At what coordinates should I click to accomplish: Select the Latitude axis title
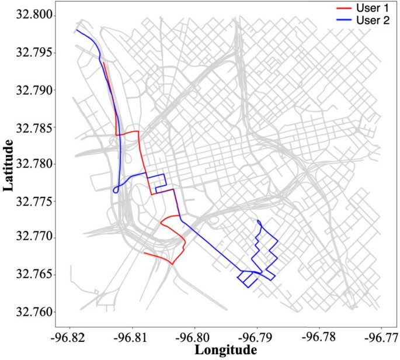[x=10, y=165]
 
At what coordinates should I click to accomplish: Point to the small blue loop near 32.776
[x=116, y=189]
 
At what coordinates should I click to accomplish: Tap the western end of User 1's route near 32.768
[x=144, y=252]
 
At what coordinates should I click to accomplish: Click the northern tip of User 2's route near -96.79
[x=258, y=220]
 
